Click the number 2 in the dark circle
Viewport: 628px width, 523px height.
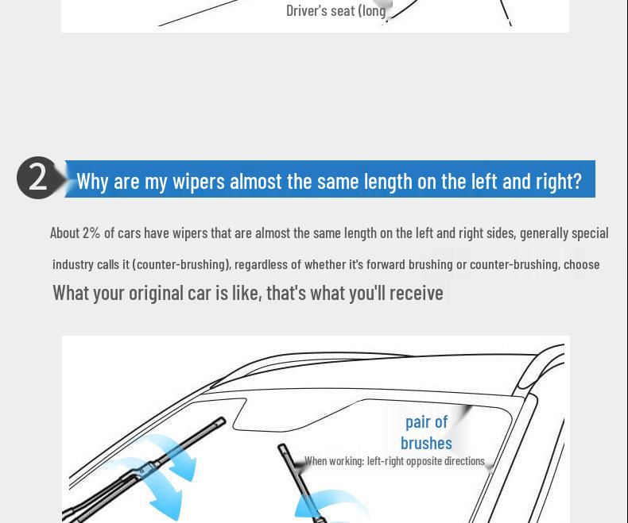coord(38,179)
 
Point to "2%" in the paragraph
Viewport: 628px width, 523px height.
coord(91,233)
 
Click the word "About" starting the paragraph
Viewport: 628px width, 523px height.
coord(64,233)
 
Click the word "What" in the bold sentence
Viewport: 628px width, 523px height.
coord(71,293)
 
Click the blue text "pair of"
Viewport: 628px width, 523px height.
coord(426,422)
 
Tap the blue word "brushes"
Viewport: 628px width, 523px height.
coord(426,443)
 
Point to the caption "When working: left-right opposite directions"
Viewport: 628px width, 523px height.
coord(394,461)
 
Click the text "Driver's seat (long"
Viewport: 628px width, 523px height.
coord(336,11)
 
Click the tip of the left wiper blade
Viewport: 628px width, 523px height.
coord(223,421)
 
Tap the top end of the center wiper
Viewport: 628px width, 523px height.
coord(281,447)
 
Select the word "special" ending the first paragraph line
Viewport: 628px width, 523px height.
coord(590,233)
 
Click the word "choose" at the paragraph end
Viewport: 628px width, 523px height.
coord(582,264)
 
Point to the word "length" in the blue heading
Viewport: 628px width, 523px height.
coord(388,182)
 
